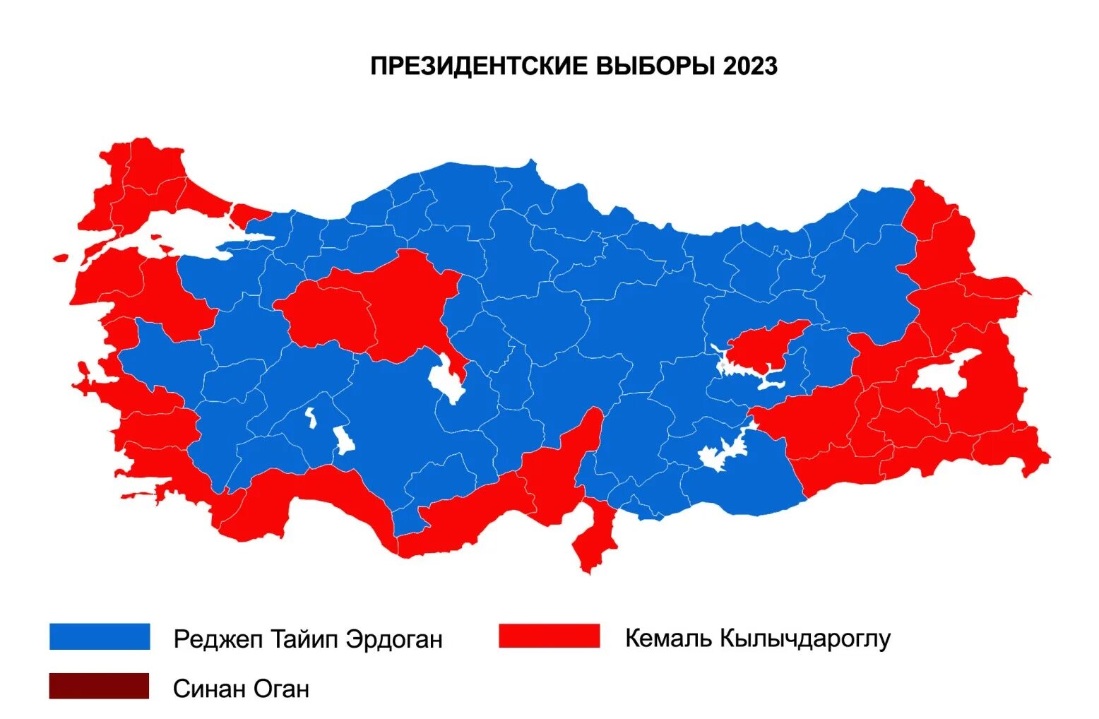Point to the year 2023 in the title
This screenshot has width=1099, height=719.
750,66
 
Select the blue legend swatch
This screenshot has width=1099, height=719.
100,636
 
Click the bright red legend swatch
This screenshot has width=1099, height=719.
549,636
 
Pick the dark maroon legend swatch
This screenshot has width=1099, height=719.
99,686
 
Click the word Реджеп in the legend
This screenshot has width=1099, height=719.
218,639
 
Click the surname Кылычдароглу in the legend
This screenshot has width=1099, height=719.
805,638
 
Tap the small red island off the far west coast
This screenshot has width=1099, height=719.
61,258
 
